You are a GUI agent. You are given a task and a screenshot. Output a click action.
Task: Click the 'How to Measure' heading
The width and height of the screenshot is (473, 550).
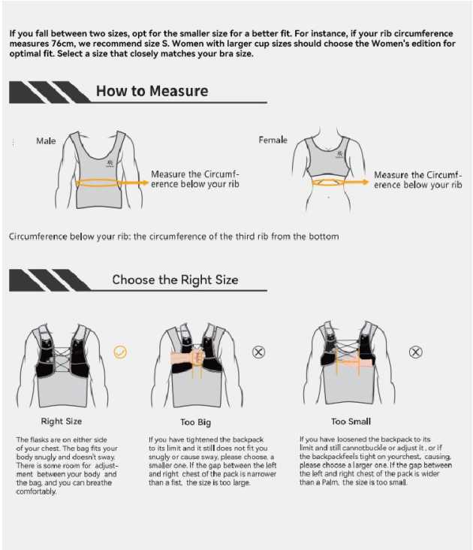pyautogui.click(x=152, y=91)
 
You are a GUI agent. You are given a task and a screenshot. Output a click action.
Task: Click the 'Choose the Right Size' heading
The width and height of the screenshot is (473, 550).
pyautogui.click(x=175, y=280)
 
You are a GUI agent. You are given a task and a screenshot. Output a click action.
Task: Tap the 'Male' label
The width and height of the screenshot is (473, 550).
pyautogui.click(x=46, y=141)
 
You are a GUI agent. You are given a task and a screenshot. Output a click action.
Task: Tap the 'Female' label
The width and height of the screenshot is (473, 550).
pyautogui.click(x=273, y=140)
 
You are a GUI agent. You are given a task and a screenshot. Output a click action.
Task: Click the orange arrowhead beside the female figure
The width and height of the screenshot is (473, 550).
pyautogui.click(x=365, y=182)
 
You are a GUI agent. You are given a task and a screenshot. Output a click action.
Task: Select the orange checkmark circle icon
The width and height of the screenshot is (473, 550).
pyautogui.click(x=120, y=352)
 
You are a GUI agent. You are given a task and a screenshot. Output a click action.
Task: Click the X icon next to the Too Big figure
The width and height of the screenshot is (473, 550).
pyautogui.click(x=258, y=352)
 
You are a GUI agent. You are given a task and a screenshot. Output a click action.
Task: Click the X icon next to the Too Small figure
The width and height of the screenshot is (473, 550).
pyautogui.click(x=415, y=352)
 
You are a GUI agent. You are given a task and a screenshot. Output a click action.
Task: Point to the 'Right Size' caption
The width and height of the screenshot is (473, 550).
pyautogui.click(x=62, y=422)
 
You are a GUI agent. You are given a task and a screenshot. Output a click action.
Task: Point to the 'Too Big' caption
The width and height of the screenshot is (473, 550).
pyautogui.click(x=195, y=422)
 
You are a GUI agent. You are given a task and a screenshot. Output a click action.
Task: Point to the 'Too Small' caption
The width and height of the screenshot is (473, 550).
pyautogui.click(x=351, y=422)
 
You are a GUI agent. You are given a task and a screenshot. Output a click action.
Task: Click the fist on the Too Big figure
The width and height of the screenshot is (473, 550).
pyautogui.click(x=198, y=357)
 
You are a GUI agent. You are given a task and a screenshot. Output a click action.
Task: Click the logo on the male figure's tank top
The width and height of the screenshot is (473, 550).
pyautogui.click(x=110, y=164)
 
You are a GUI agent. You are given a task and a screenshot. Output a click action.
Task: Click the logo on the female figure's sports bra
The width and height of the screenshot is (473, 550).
pyautogui.click(x=339, y=154)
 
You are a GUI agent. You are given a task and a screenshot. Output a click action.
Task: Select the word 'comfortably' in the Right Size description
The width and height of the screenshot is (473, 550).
pyautogui.click(x=36, y=491)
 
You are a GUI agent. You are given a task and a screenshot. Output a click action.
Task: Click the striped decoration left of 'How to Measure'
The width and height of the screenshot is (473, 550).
pyautogui.click(x=49, y=92)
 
